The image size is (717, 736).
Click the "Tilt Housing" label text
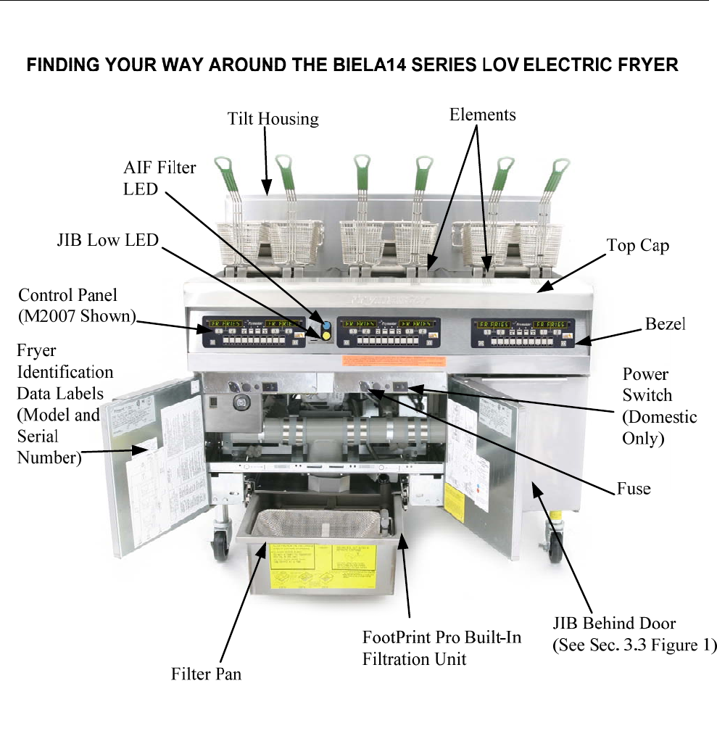coord(273,118)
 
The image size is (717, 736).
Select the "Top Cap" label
coord(637,246)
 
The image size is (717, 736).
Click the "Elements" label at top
coord(482,114)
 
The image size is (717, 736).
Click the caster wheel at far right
coord(555,549)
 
